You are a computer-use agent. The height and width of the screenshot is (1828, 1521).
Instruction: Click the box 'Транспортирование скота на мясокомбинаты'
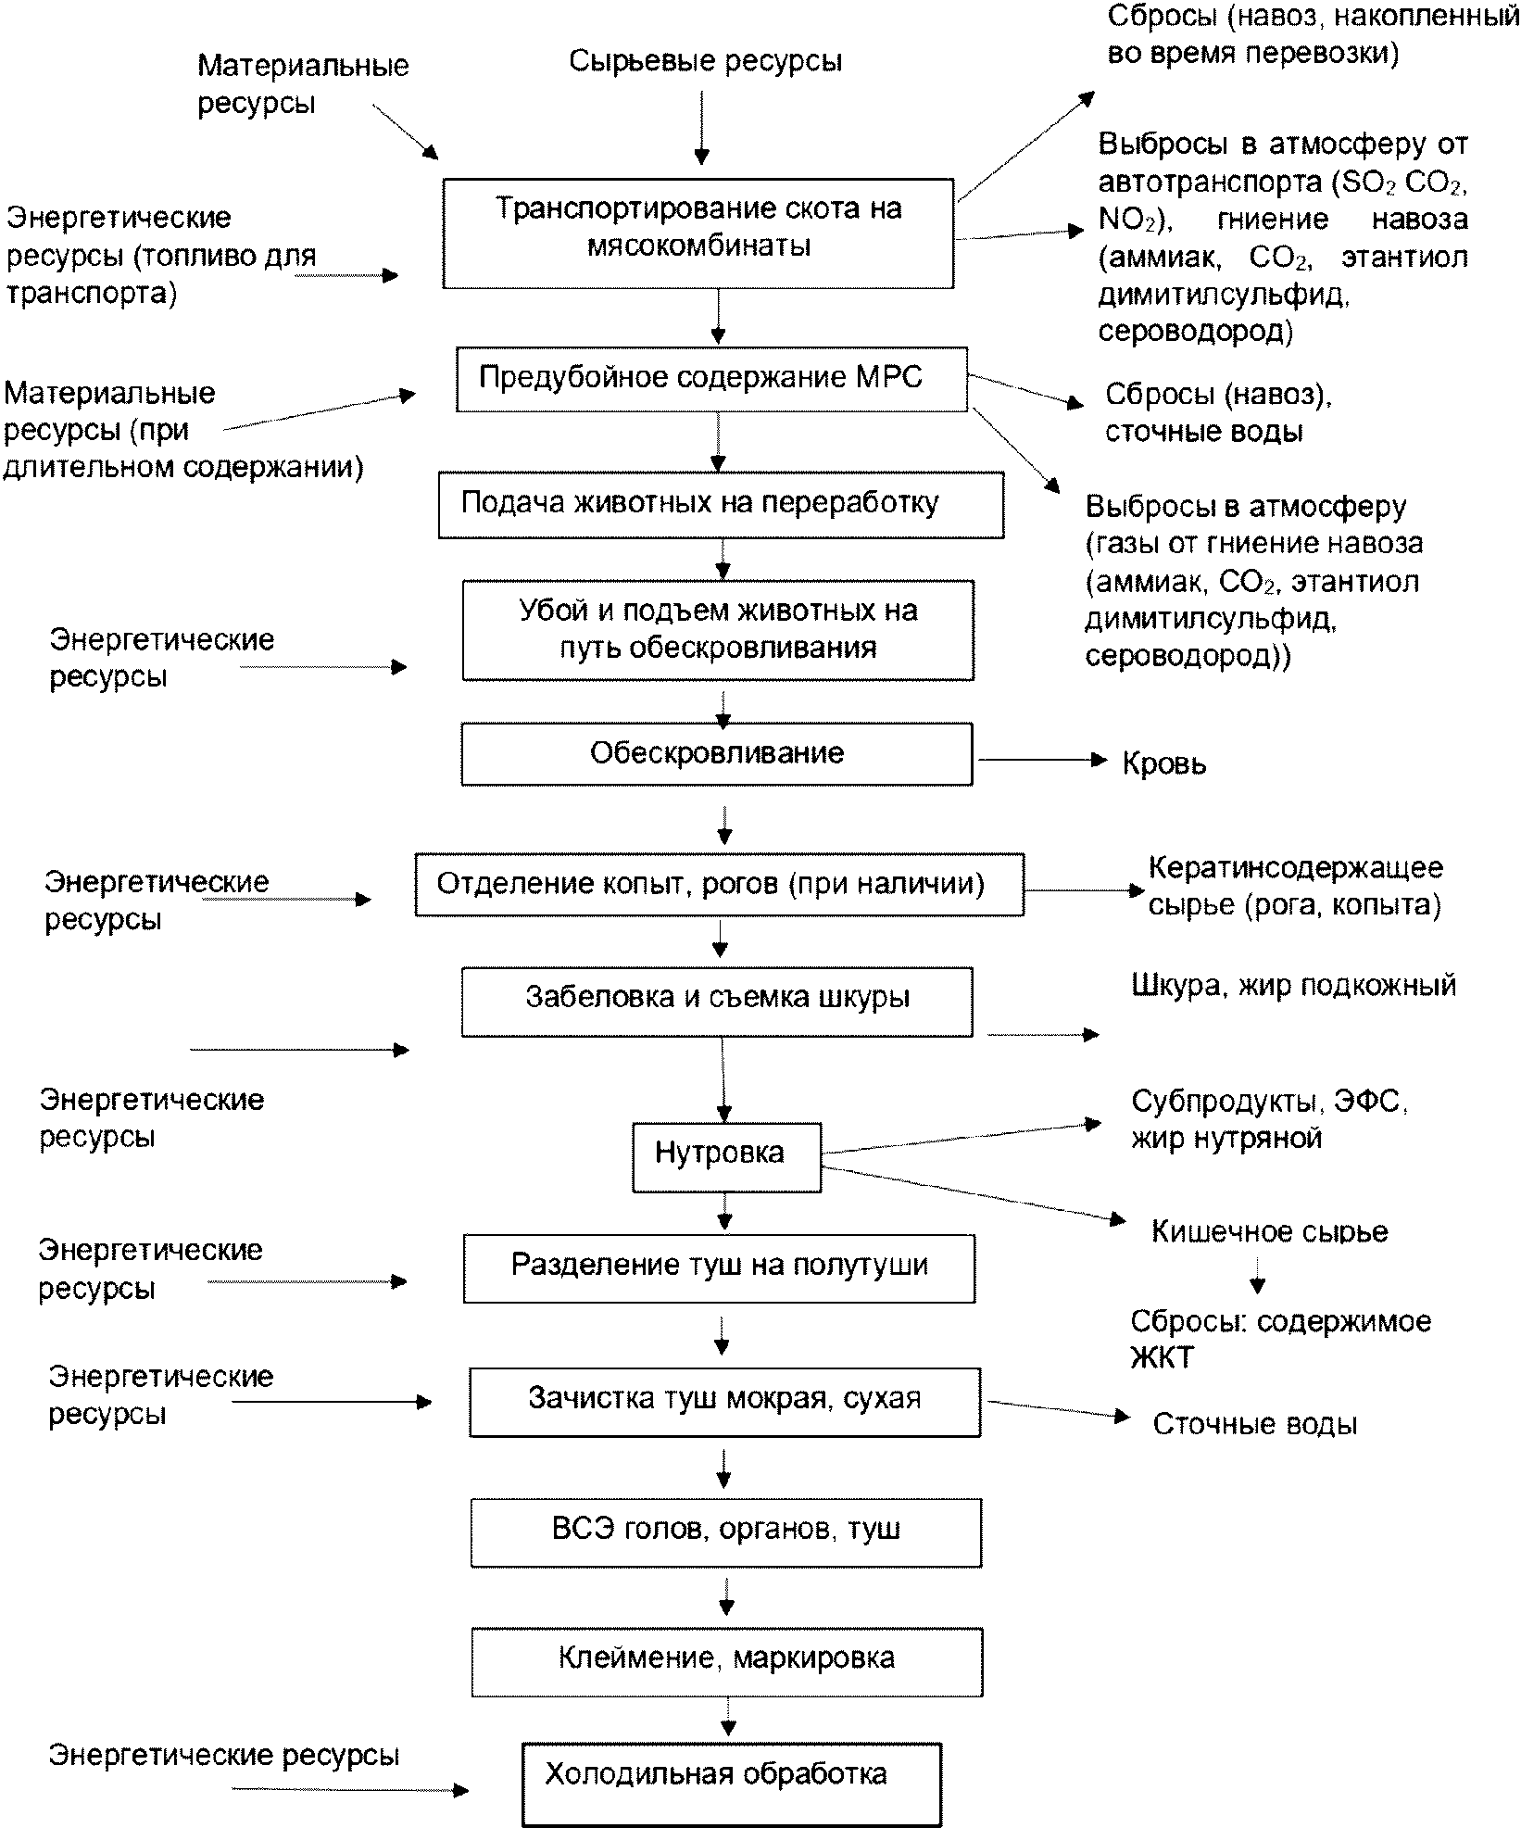point(698,233)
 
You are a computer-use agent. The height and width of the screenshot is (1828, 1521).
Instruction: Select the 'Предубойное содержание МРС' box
point(711,379)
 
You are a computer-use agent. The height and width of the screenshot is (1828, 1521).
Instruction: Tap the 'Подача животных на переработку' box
point(721,505)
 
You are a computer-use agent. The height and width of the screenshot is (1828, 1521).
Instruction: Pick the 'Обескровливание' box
point(717,754)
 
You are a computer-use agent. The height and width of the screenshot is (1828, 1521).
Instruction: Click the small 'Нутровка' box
point(726,1156)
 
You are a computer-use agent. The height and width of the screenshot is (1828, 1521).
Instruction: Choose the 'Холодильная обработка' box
point(732,1784)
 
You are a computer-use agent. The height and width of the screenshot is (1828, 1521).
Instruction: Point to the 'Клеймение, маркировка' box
point(727,1661)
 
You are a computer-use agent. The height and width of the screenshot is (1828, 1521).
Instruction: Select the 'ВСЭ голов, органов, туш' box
point(726,1532)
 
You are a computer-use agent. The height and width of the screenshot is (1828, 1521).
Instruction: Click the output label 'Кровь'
point(1164,764)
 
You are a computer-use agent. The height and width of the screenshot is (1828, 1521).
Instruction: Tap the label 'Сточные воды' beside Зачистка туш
point(1255,1424)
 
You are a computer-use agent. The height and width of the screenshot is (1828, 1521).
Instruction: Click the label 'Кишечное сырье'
point(1270,1231)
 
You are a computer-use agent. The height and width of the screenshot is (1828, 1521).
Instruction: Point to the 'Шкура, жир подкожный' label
point(1294,985)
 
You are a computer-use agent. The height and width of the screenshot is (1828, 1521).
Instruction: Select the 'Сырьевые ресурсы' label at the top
point(706,61)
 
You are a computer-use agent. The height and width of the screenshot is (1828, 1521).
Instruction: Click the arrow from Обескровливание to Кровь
point(1043,760)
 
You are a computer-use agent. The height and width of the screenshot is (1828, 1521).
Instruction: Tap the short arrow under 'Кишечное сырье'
point(1257,1275)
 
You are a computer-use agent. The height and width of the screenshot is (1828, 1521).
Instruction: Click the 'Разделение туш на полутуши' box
point(719,1268)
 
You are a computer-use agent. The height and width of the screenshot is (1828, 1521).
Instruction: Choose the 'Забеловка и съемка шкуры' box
point(717,1002)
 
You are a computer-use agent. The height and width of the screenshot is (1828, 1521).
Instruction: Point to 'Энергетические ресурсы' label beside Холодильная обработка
point(224,1756)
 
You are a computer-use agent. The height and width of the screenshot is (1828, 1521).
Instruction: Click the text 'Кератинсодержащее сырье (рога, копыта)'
point(1295,886)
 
